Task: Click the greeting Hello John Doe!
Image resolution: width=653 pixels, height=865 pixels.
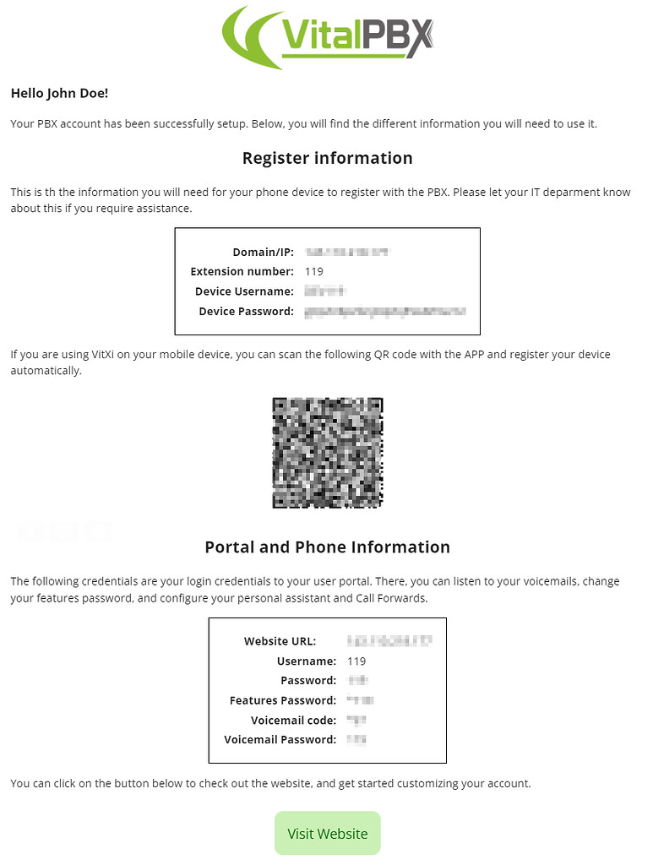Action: point(59,93)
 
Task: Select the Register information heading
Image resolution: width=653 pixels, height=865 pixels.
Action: point(327,158)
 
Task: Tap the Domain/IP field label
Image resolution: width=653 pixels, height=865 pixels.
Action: point(263,253)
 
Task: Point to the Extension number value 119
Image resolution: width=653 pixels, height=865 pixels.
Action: point(313,272)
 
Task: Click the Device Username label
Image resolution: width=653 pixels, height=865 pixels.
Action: point(244,291)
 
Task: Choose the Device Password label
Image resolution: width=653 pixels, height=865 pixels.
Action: point(246,312)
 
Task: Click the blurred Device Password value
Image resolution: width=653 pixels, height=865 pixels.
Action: point(384,312)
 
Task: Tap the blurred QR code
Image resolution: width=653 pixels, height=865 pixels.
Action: point(327,453)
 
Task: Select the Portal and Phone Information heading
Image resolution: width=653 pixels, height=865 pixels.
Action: point(327,547)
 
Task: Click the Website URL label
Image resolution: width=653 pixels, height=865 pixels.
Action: point(280,641)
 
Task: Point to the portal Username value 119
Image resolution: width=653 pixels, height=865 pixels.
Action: point(356,661)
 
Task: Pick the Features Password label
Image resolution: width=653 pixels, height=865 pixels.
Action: point(282,700)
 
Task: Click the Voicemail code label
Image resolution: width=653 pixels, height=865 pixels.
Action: point(293,721)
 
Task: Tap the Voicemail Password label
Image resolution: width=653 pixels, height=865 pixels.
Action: point(280,740)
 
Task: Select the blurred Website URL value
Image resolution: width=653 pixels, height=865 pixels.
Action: point(389,641)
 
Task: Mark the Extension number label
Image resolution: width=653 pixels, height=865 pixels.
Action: point(242,272)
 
